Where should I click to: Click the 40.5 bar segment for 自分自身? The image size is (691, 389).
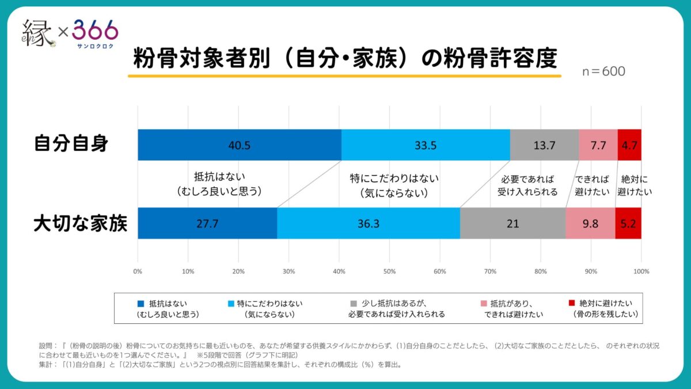239,145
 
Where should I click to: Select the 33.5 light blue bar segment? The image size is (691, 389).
426,145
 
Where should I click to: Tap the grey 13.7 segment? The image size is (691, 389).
544,145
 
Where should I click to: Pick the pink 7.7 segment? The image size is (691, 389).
598,145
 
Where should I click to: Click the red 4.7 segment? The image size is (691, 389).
629,145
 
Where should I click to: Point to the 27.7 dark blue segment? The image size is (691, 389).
207,223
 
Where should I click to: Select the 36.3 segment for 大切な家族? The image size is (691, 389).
368,223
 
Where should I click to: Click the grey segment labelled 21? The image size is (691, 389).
512,223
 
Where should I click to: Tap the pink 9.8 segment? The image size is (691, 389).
590,223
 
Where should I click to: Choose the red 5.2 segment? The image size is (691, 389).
628,223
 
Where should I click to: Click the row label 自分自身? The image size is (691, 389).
71,143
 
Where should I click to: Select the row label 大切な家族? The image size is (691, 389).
80,223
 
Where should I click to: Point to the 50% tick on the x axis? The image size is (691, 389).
389,271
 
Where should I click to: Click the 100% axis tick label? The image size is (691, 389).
641,271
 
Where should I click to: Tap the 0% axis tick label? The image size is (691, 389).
138,271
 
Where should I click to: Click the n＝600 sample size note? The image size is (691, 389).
603,71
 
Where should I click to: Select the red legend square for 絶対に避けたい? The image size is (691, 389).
571,303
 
